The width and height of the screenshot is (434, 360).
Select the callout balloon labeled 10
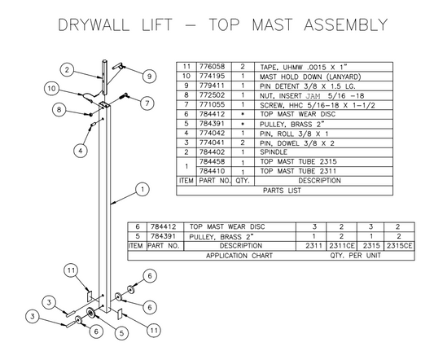pos(50,88)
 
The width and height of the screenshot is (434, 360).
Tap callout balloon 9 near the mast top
pos(150,77)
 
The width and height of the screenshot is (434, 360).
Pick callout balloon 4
pos(80,150)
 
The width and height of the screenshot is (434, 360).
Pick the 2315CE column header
pos(399,244)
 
